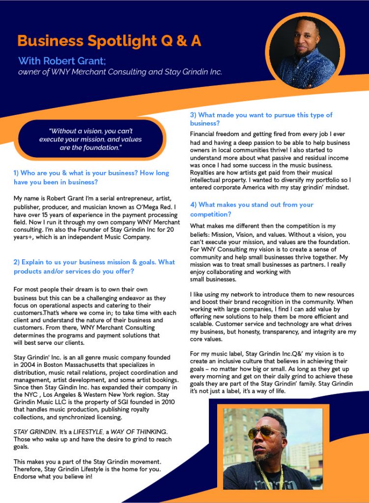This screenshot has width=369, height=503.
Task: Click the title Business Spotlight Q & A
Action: [109, 41]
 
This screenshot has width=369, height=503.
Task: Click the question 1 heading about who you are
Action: [91, 177]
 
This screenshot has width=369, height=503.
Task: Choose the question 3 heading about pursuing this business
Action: [261, 119]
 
